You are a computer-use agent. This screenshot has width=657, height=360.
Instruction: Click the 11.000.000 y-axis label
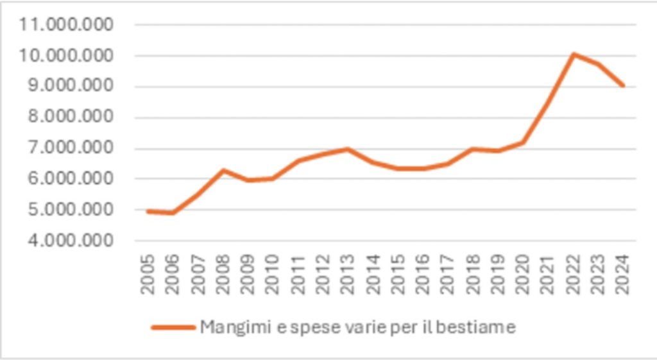click(66, 25)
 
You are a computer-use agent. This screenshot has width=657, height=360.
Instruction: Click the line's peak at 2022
click(573, 54)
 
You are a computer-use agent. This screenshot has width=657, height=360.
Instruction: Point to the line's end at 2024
click(623, 85)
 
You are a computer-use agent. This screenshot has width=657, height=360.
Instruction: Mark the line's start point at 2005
click(148, 210)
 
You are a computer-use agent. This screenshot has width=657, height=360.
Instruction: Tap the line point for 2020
click(523, 142)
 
